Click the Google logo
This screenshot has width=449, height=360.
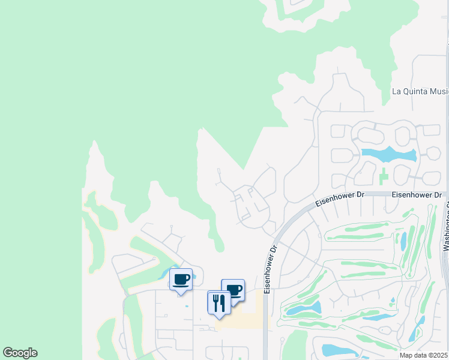[20, 353]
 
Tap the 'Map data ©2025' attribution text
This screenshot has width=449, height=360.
[424, 355]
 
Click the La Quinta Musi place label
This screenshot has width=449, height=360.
[420, 91]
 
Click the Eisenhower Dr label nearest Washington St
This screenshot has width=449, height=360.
[416, 195]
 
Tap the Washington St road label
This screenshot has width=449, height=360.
[446, 228]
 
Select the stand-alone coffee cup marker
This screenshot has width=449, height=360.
[181, 279]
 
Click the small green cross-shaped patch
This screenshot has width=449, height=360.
[384, 177]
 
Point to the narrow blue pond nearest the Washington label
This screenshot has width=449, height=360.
[403, 241]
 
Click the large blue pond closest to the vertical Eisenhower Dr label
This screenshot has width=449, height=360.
[304, 309]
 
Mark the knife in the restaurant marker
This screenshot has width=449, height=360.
[222, 302]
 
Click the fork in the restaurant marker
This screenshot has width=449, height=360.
[215, 302]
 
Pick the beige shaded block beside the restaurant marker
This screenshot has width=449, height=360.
[246, 317]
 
